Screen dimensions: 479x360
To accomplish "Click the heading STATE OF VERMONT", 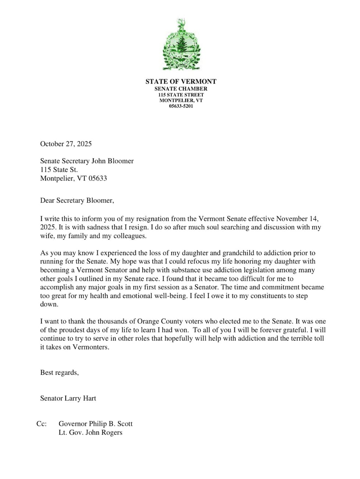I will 181,82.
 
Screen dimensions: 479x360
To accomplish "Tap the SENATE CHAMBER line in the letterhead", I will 181,89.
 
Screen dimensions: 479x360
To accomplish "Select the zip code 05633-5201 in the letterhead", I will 181,106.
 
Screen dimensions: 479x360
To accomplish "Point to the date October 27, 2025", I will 66,144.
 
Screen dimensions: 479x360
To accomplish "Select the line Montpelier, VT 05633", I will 73,179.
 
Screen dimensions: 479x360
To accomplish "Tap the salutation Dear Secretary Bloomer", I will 77,201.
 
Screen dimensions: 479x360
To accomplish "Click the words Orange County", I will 160,321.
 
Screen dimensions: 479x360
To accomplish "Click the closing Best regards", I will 59,373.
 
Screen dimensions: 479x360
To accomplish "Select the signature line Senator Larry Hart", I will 68,399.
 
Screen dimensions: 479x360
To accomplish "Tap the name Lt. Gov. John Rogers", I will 90,433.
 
